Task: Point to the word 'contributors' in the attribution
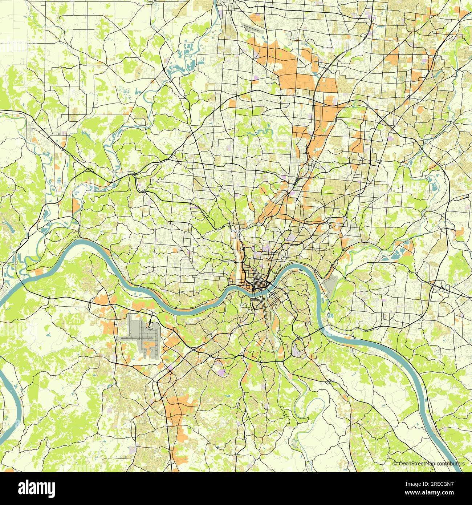pos(451,464)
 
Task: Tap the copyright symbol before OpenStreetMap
pos(395,464)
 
